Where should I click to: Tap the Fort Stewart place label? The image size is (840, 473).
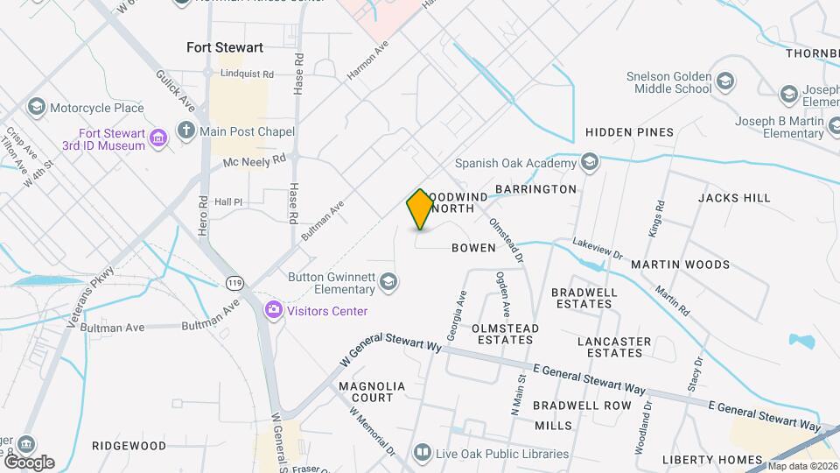(225, 47)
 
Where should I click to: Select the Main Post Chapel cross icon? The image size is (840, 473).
(185, 131)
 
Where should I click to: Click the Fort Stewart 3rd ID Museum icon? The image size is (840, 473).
(158, 138)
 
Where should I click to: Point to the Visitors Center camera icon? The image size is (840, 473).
(274, 310)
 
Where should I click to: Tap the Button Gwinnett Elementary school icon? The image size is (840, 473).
(389, 281)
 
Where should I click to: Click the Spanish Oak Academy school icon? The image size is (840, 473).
(590, 162)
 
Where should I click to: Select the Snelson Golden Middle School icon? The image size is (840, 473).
(725, 82)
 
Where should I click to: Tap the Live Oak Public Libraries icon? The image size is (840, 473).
(423, 453)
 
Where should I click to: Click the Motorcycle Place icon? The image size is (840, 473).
(36, 108)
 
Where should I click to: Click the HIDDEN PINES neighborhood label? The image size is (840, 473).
(629, 132)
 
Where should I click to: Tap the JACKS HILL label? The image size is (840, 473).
(734, 198)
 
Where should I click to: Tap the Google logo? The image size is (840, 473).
(29, 462)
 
